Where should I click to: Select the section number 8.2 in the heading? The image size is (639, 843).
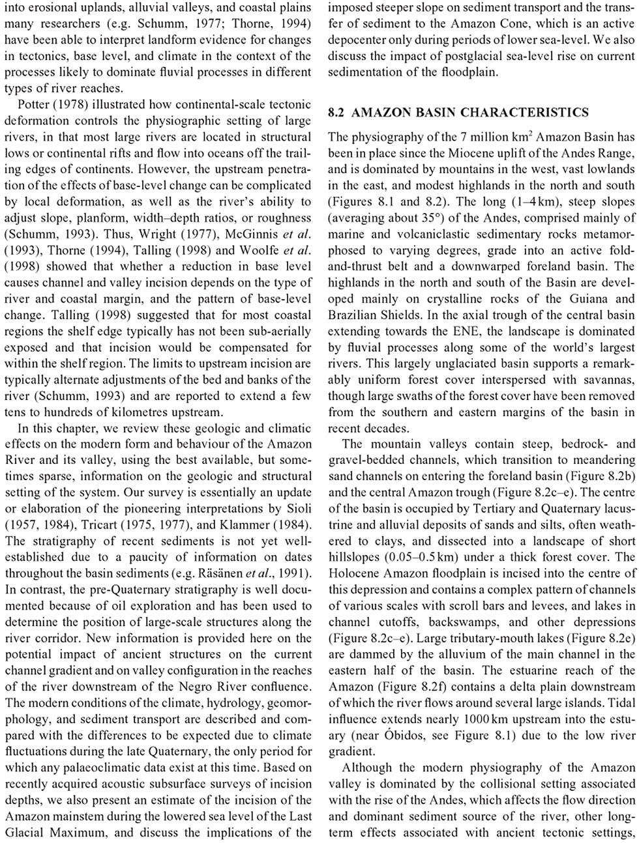336,113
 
